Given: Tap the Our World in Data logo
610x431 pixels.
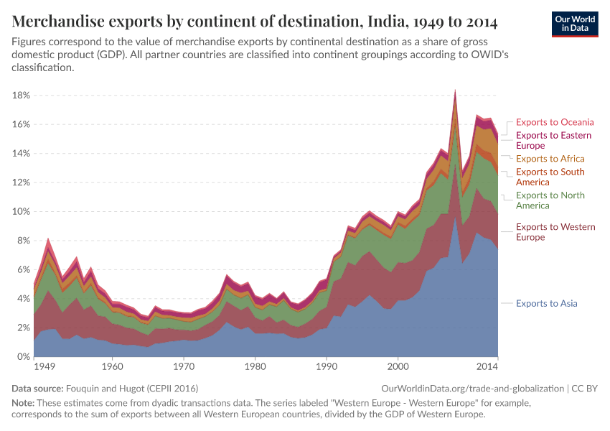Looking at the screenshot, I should coord(575,24).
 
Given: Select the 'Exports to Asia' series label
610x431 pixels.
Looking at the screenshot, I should coord(546,303).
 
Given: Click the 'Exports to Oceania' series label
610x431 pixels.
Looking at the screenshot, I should coord(555,122).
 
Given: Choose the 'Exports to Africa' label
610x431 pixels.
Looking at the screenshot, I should coord(550,158).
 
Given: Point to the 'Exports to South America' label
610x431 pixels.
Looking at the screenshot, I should coord(550,177).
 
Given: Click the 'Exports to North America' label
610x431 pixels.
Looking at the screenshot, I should coord(550,200).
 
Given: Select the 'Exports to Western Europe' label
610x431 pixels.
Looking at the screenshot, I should coord(555,232).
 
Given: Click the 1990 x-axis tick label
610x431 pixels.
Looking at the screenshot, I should coord(327,366).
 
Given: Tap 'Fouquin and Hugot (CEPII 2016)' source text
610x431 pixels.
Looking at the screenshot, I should coord(126,388).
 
